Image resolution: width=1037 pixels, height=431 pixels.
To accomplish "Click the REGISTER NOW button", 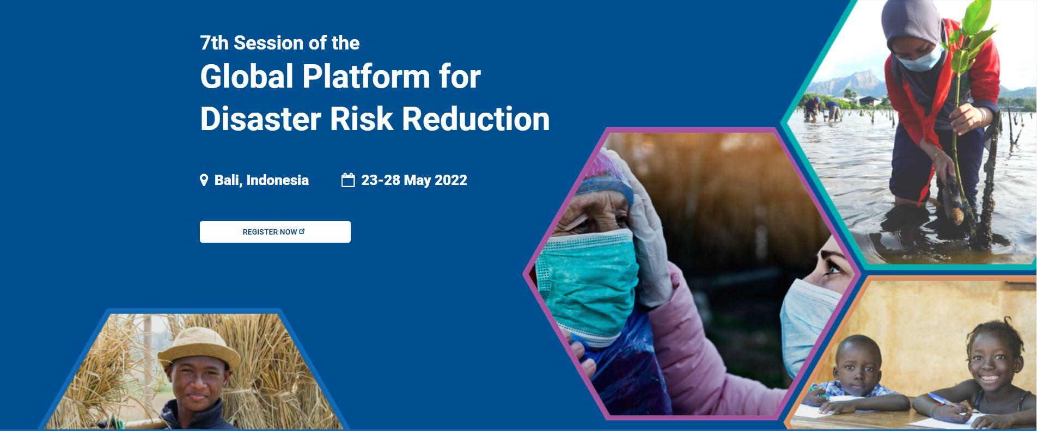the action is pyautogui.click(x=275, y=232).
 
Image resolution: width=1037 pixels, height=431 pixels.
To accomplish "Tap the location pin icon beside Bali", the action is pyautogui.click(x=204, y=180).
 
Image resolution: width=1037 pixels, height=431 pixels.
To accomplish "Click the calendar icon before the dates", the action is pyautogui.click(x=348, y=180).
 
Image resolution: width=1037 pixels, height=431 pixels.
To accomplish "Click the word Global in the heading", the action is pyautogui.click(x=247, y=76).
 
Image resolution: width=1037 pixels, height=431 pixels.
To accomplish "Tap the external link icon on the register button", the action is pyautogui.click(x=302, y=231).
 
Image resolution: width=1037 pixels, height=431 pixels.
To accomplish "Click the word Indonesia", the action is pyautogui.click(x=277, y=180).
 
